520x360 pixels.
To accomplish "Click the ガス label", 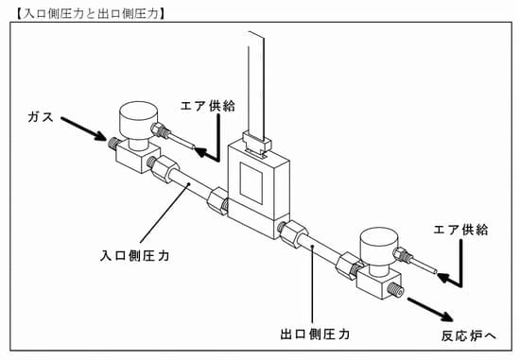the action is point(41,116).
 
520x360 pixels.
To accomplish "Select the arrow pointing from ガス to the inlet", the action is point(83,129).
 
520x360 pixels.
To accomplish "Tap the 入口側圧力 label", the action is point(135,255).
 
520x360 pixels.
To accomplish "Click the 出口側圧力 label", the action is point(315,334).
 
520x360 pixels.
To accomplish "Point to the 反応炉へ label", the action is point(468,335).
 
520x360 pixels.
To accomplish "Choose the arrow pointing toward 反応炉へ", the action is point(430,309).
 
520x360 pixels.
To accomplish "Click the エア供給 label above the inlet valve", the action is point(208,106).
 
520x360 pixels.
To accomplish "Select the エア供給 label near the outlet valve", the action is point(461,230).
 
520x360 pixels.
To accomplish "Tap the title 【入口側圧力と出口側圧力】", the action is point(90,13).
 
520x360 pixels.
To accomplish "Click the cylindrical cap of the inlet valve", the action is point(138,121).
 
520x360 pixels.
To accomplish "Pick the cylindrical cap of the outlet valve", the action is point(379,247).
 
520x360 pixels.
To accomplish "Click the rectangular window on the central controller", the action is point(251,183).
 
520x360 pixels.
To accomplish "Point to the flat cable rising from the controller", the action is point(256,84).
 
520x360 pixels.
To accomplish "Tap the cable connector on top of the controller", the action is point(256,144).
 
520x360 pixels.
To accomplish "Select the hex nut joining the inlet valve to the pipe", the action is point(165,169).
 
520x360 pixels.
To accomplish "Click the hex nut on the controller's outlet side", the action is point(294,233).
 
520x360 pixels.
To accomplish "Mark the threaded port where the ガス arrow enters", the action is point(113,144).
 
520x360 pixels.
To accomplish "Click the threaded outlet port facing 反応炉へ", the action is point(396,290).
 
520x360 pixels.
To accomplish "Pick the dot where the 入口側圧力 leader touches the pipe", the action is point(188,184).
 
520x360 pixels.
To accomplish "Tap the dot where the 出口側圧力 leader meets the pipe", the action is point(313,247).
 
